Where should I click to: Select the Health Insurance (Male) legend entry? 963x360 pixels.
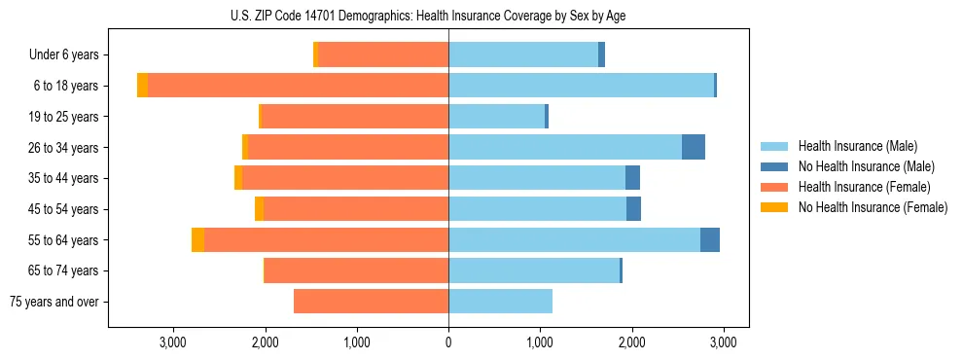click(857, 146)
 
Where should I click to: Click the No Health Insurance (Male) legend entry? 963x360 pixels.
click(866, 166)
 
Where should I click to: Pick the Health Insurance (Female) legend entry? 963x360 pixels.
click(864, 187)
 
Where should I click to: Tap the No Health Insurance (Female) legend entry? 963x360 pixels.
click(873, 207)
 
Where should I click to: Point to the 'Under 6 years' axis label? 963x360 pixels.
click(64, 55)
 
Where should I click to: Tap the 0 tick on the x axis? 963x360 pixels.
click(448, 342)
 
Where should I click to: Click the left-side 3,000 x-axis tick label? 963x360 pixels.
click(173, 342)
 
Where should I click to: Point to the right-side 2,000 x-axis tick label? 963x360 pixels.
click(631, 342)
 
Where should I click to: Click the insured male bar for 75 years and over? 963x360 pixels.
click(500, 302)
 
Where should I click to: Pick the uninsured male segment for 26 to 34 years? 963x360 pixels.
click(694, 148)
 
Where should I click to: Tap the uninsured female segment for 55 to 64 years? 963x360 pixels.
click(197, 240)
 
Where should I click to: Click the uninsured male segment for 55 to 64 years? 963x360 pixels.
click(710, 240)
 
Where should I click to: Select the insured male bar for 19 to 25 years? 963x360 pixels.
click(496, 117)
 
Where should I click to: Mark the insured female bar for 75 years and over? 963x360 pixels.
click(371, 302)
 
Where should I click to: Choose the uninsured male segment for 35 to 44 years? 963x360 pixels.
click(632, 178)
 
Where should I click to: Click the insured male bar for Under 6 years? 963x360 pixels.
click(523, 55)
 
